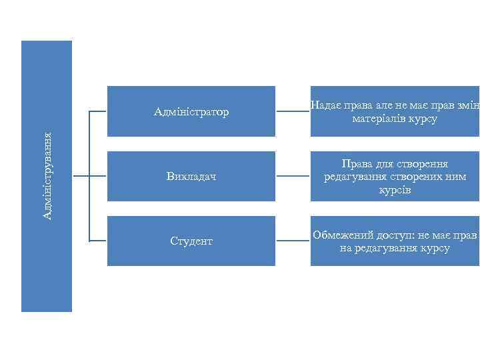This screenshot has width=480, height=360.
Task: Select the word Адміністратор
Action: point(191,111)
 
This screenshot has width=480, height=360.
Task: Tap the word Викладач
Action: point(191,177)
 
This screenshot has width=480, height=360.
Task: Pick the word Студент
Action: point(191,241)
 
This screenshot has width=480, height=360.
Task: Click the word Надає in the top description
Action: point(324,105)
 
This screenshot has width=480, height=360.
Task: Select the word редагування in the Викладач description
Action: point(351,177)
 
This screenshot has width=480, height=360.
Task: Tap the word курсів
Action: point(394,190)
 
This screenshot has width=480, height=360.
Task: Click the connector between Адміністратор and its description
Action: point(292,111)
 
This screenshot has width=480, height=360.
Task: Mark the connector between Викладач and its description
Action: point(292,177)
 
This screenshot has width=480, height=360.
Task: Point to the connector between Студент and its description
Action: point(292,241)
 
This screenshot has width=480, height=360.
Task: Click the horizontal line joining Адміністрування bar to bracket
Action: point(80,177)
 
